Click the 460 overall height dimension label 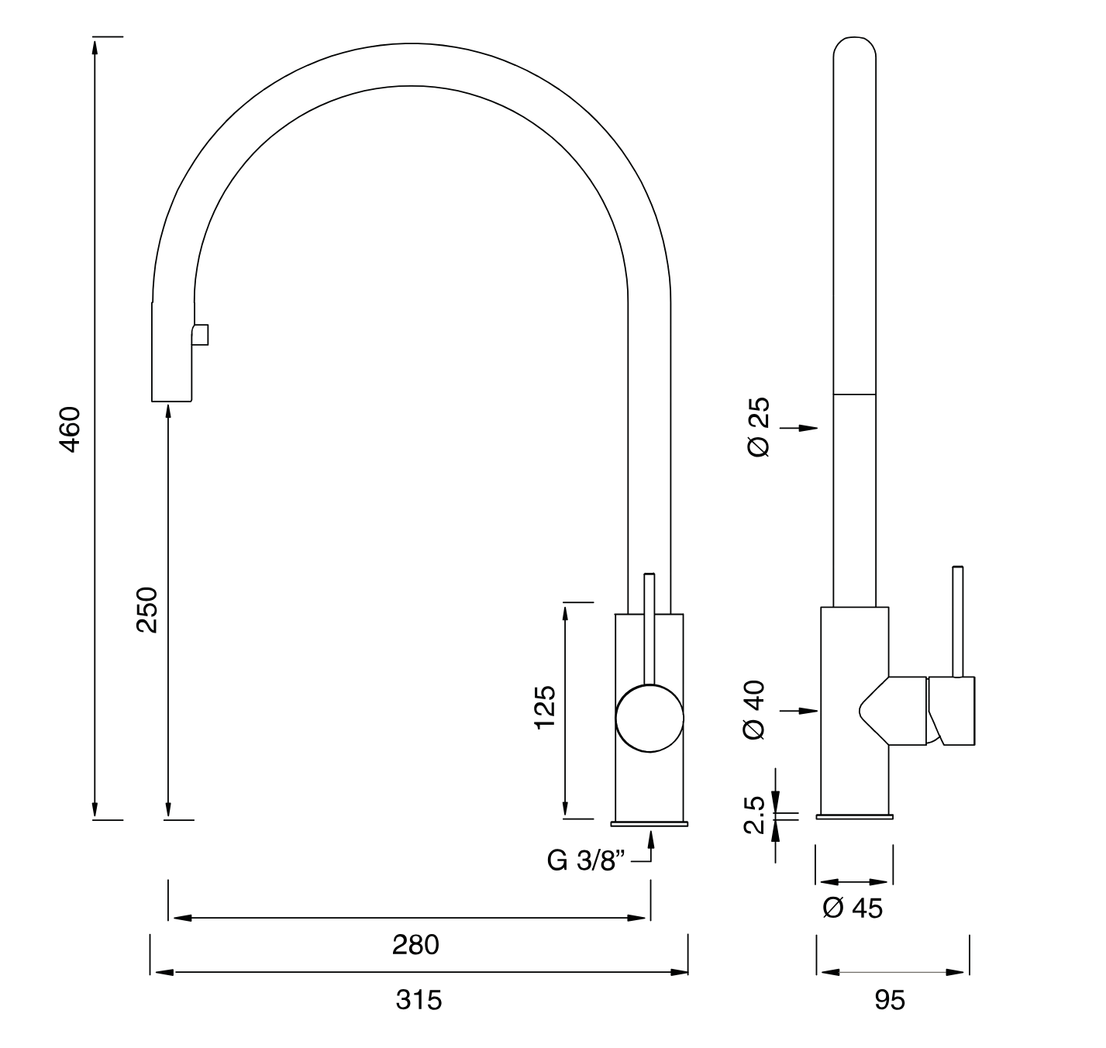70,429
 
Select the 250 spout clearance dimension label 146,609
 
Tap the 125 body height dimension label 545,707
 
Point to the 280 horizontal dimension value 415,945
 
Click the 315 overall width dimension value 419,1000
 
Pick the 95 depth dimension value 890,1001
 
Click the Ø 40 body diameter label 755,709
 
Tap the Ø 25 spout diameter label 760,426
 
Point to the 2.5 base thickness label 755,815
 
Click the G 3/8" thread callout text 586,860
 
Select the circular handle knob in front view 649,719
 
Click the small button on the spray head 202,335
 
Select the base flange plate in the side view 854,816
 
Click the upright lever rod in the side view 958,620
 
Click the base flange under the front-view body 649,822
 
